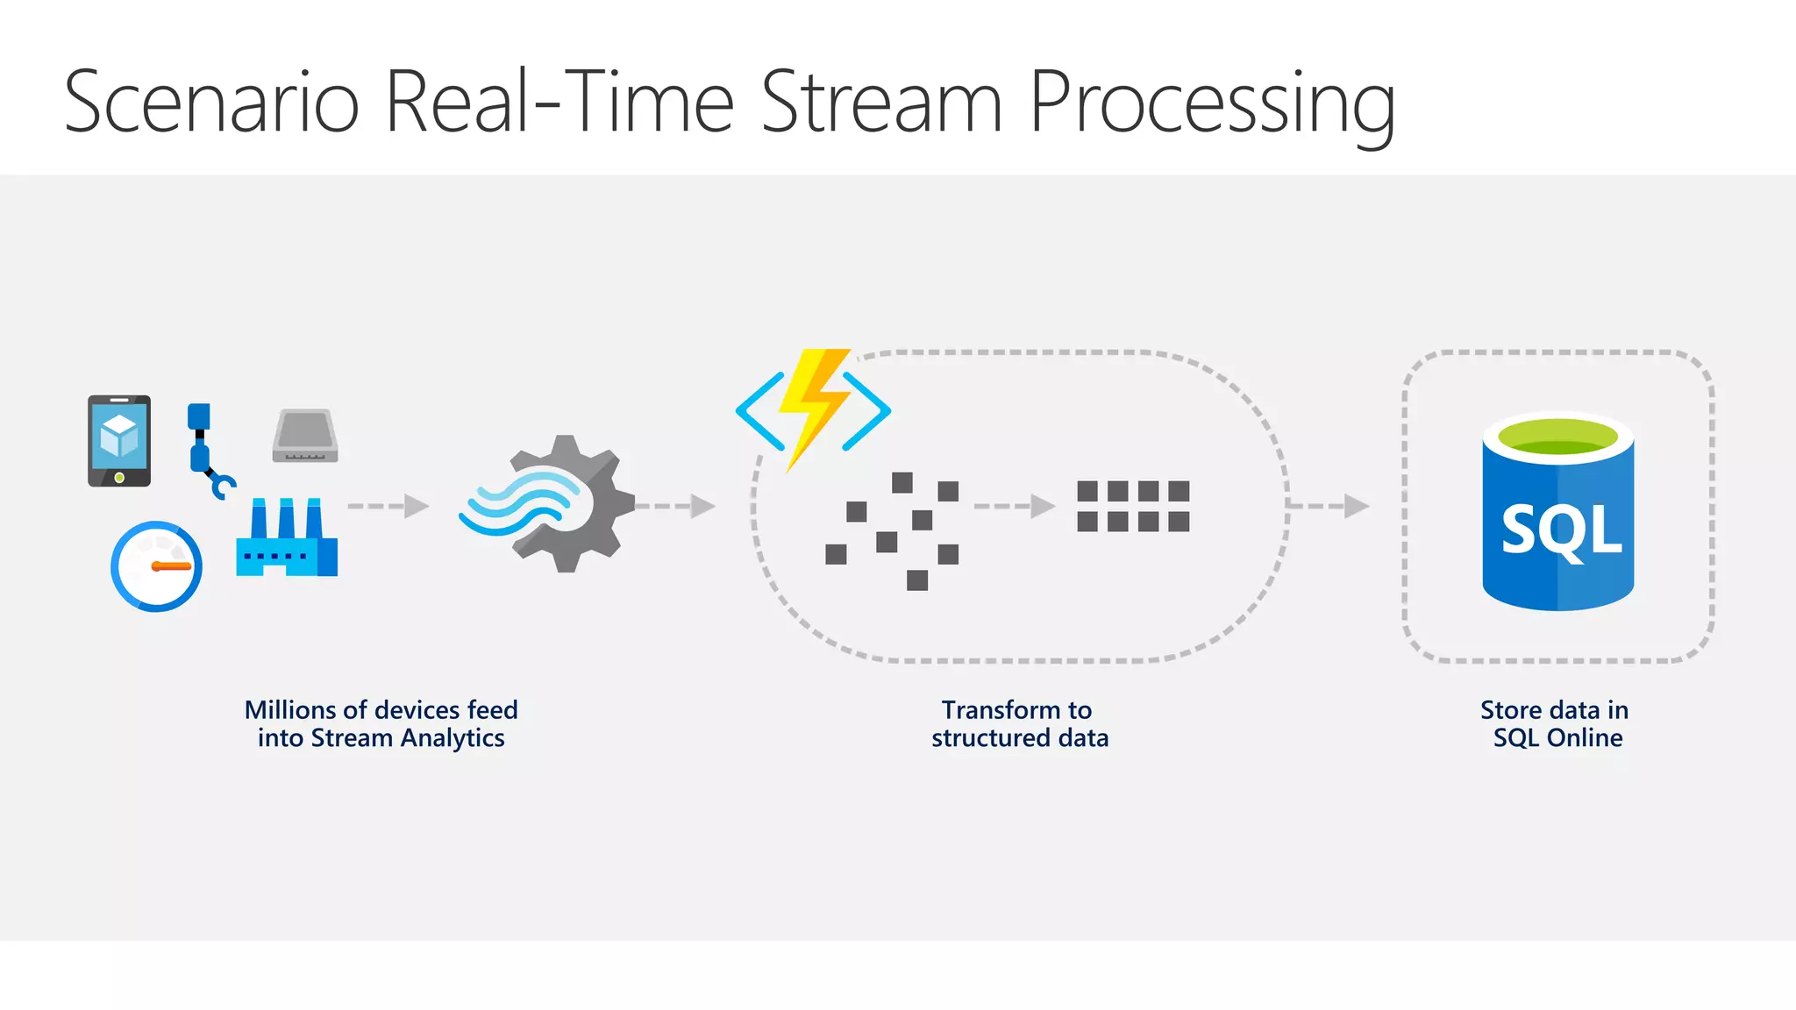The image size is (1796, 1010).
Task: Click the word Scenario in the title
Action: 211,103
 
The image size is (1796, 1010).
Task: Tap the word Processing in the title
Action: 1211,104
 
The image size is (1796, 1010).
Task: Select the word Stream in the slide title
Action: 880,103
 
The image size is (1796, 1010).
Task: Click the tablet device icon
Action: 119,440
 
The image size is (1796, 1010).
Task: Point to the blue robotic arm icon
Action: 207,449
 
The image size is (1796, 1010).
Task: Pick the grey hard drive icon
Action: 305,436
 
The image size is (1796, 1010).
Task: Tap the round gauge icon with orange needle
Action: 157,566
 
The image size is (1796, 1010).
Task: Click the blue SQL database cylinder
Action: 1557,526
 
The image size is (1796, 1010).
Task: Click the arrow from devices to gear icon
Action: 388,506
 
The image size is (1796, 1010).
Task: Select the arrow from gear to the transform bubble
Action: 674,506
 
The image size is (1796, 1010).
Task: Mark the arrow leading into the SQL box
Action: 1329,506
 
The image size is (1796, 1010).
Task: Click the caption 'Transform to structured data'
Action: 1019,723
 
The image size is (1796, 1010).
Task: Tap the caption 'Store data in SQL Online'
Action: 1557,723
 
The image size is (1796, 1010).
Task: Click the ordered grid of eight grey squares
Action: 1133,506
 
